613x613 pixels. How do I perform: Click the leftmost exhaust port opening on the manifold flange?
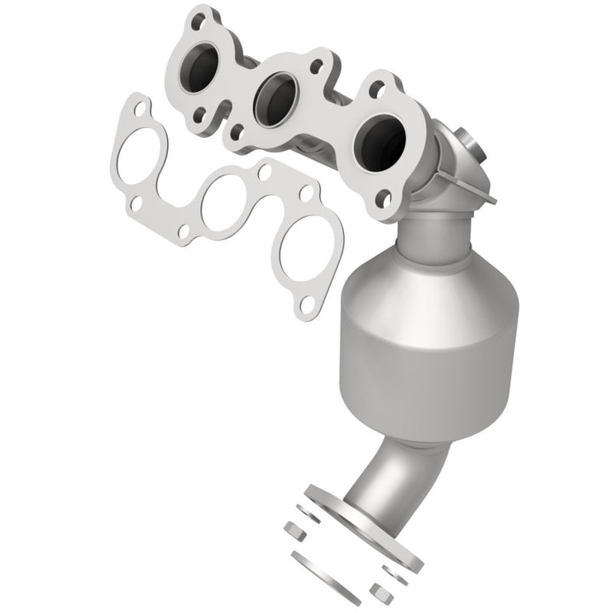click(x=204, y=64)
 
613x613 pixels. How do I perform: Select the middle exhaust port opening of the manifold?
click(x=275, y=97)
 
